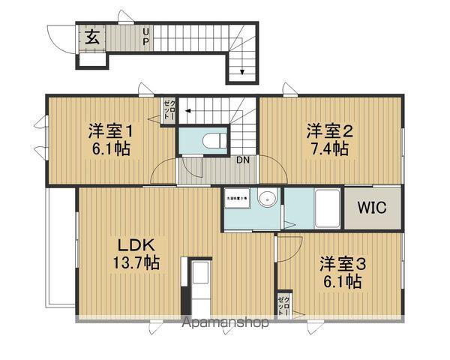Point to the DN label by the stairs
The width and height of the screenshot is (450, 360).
click(x=244, y=160)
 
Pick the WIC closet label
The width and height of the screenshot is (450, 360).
click(x=371, y=208)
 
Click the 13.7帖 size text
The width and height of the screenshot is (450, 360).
click(x=135, y=263)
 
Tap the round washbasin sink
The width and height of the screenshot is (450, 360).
click(x=268, y=199)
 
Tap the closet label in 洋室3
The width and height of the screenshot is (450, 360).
click(x=283, y=304)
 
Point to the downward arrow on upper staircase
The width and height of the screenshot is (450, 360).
click(x=242, y=72)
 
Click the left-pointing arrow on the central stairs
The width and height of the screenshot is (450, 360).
click(x=189, y=112)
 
